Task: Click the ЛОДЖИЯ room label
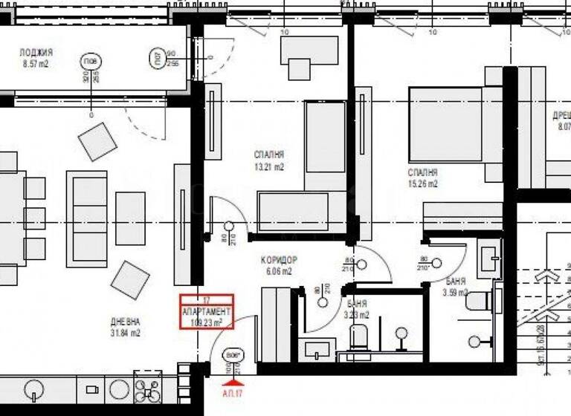[x=36, y=53]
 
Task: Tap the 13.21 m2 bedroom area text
[x=268, y=167]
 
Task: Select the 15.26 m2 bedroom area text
[x=422, y=183]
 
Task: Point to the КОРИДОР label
[x=279, y=260]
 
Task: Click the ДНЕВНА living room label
[x=124, y=322]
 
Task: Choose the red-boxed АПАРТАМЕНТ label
[x=207, y=312]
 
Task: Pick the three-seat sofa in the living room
[x=87, y=218]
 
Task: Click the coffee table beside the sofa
[x=130, y=218]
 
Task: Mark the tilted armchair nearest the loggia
[x=97, y=141]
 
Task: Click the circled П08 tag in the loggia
[x=89, y=61]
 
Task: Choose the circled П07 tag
[x=159, y=58]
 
